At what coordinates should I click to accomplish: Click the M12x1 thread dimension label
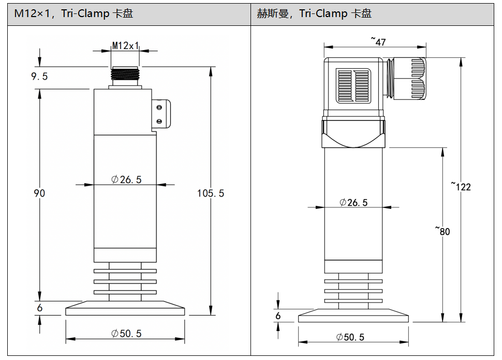tap(125, 46)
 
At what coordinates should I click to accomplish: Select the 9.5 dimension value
tap(39, 77)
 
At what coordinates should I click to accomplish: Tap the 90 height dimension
tap(39, 193)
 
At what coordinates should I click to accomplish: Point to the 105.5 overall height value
tap(210, 193)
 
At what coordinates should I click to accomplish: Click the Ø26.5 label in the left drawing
tap(126, 179)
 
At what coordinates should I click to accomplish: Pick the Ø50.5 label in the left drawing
tap(126, 334)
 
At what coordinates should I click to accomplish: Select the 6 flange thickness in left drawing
tap(40, 308)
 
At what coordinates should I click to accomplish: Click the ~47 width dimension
tap(378, 41)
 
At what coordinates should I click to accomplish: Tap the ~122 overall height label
tap(461, 186)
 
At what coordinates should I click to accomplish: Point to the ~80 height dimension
tap(442, 231)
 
